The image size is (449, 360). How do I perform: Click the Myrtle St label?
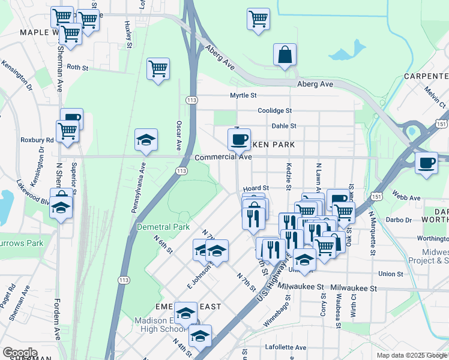tap(243, 95)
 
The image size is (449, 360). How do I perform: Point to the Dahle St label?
tap(284, 126)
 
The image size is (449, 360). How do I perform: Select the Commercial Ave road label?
tap(223, 157)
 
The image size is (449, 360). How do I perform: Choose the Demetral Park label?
tap(163, 227)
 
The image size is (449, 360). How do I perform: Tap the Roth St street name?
tap(77, 68)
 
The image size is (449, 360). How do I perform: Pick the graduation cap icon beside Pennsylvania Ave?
tap(146, 140)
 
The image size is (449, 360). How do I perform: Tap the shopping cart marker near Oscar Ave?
tap(158, 70)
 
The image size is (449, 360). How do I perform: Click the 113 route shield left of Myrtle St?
tap(191, 100)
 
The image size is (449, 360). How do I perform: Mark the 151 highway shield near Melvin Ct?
tap(441, 124)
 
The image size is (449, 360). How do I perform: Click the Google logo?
tap(19, 353)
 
